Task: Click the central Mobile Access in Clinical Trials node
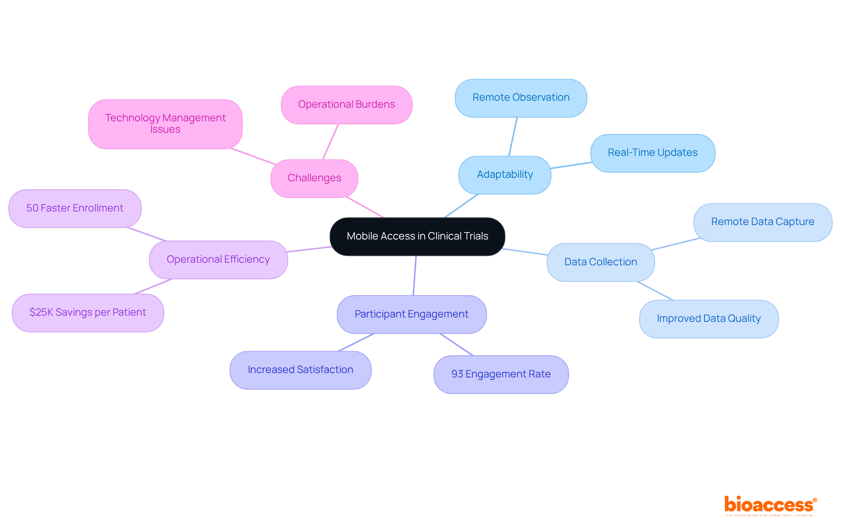(417, 236)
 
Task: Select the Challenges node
(314, 178)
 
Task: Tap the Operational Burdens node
(346, 105)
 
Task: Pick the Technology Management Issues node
(165, 124)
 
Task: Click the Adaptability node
(505, 175)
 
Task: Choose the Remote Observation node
(521, 98)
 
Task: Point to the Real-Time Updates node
(653, 153)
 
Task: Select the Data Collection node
(601, 262)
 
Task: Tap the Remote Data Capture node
(763, 222)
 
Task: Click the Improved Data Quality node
(709, 319)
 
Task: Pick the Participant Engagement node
(411, 314)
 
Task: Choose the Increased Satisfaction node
(300, 370)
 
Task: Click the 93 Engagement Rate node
(501, 374)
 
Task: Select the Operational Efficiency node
(218, 260)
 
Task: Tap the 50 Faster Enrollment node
(75, 208)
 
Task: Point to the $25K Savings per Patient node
(88, 313)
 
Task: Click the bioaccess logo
(770, 506)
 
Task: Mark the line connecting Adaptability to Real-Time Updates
(571, 165)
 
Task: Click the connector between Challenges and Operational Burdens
(331, 141)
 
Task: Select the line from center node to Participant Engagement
(414, 276)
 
